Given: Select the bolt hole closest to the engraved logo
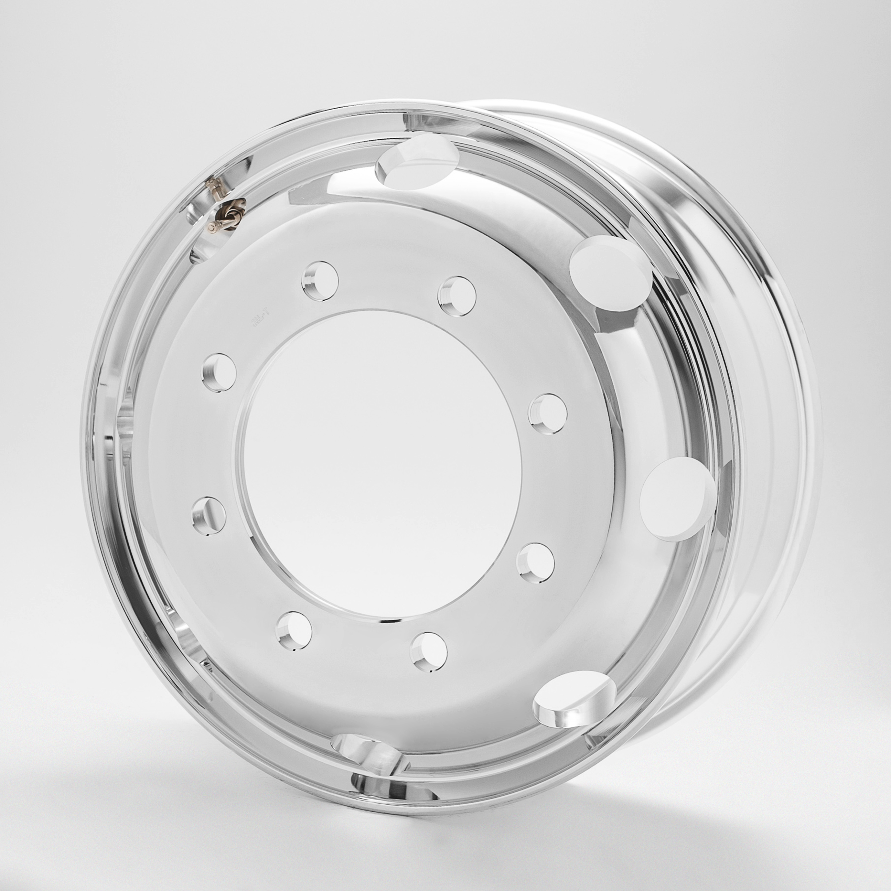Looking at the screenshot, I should (320, 281).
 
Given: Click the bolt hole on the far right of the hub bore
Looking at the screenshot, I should (547, 413).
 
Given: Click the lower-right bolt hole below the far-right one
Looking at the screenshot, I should (535, 563).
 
